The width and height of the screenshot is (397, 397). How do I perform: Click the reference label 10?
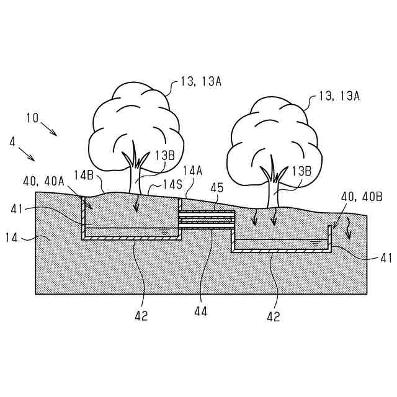tap(32, 117)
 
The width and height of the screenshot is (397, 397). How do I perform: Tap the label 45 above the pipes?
tap(217, 187)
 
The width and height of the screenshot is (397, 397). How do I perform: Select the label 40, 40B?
tap(362, 196)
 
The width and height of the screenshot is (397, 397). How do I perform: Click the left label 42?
tap(141, 315)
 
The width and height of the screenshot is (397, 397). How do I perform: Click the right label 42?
tap(273, 316)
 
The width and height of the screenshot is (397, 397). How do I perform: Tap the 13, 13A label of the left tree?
tap(200, 81)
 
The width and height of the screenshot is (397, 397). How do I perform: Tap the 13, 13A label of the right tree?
tap(339, 96)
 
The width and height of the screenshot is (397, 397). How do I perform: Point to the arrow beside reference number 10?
tap(50, 129)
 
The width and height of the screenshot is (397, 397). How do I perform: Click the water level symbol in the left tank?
tap(164, 230)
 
